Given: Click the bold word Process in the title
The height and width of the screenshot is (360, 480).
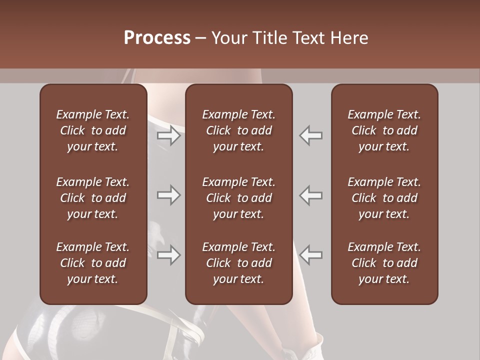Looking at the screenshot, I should (x=157, y=38).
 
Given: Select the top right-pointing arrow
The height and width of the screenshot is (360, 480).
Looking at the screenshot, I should (x=169, y=135).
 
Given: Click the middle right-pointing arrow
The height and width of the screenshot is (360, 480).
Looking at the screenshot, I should (x=169, y=195).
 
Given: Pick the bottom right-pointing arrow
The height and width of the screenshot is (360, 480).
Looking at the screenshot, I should (x=169, y=255).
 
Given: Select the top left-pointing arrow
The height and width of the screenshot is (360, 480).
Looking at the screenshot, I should (x=311, y=135).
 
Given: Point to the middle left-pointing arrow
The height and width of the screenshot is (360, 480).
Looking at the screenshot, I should (x=311, y=195).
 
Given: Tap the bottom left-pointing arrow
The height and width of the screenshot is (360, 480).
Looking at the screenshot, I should (x=311, y=255).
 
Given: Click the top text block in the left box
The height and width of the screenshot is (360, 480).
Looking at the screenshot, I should (x=93, y=130).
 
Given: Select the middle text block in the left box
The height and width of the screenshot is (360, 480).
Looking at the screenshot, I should (x=93, y=198).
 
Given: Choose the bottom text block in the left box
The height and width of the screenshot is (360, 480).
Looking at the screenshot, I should (x=93, y=263).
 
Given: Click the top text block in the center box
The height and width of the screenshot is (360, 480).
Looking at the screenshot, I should (x=238, y=130).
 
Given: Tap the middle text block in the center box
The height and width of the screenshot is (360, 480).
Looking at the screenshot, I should (x=238, y=198).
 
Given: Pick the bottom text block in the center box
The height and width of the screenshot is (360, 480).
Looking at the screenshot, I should (x=238, y=263).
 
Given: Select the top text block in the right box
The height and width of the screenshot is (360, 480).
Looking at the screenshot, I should (x=384, y=130).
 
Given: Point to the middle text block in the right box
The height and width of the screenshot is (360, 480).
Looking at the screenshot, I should (x=384, y=198).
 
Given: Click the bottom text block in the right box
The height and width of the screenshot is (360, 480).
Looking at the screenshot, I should (x=384, y=263).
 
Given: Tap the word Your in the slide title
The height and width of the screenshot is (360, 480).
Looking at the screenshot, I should (x=228, y=38).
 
